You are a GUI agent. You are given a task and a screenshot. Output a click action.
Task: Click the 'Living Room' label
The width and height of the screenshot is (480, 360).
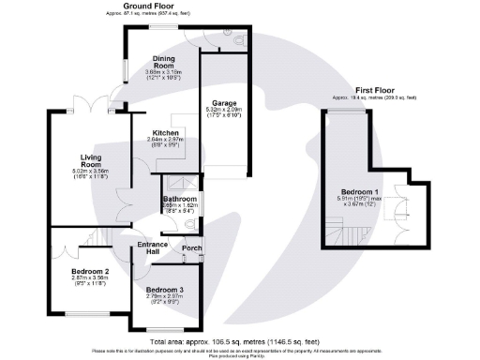point(71,160)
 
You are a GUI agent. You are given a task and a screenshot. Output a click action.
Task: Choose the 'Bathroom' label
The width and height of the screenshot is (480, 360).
point(179,200)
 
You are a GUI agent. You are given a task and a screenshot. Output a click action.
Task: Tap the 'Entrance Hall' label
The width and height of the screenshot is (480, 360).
point(153,248)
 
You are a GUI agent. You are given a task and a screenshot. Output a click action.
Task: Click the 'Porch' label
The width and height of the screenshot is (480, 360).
point(191,248)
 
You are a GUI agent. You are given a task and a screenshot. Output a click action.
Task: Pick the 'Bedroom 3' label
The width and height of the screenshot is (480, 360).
point(164,291)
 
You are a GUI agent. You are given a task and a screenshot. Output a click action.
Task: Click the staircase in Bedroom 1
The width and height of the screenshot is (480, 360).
point(335,227)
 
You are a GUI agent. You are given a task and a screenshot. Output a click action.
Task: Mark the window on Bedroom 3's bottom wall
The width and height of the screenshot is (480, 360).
point(166,328)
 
